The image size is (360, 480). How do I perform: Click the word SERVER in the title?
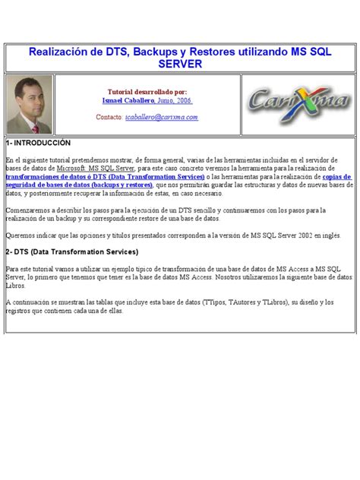pos(179,65)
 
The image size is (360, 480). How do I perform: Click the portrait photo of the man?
pos(29,104)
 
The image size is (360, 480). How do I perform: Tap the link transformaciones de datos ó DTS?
pos(77,176)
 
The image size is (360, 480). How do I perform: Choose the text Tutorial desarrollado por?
pos(147,90)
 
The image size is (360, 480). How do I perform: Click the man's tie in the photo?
pos(30,122)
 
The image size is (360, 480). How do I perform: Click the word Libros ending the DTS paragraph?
pos(16,286)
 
